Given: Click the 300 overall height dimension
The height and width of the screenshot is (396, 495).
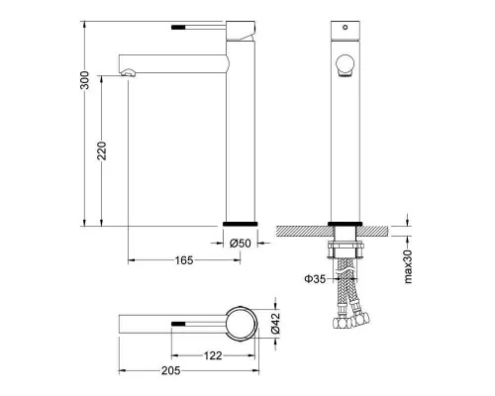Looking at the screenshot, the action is coord(85,80).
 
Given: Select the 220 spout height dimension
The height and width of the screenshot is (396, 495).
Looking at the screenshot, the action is coord(102,150).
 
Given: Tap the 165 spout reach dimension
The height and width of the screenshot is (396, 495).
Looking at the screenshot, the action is coord(184,260).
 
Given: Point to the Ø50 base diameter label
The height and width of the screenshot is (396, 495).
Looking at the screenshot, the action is coord(241,244).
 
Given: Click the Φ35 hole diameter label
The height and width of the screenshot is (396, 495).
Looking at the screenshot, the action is coord(315,279).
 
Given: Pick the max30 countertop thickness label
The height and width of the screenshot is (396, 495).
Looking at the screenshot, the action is coord(408,266).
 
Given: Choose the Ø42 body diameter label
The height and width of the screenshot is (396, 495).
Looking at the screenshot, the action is coord(275,323).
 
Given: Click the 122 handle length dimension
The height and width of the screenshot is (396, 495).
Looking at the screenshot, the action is coord(213,355).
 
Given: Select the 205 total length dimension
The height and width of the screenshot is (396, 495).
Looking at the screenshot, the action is coord(171,370).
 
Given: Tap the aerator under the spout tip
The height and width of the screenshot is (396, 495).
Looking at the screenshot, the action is coord(129,72).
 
